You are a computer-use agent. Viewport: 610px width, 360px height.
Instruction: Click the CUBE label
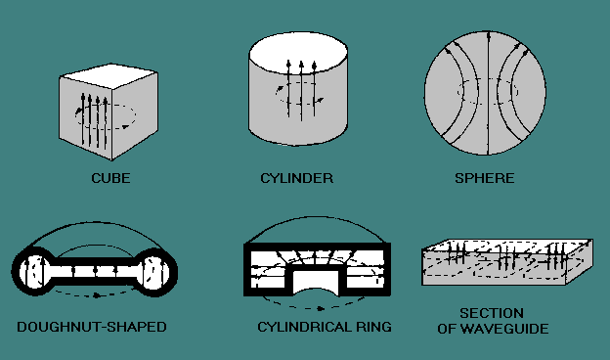pos(110,178)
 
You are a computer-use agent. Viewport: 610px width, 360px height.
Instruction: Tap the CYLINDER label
pos(297,178)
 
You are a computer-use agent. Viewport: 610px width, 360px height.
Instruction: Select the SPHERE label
pos(485,178)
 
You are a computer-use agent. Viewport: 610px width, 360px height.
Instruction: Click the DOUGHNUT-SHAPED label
pos(92,327)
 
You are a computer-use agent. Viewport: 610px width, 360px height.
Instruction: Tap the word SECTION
pos(492,313)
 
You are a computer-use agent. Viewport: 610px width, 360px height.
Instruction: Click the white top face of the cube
pos(109,75)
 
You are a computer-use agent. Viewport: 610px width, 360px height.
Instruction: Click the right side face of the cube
pos(135,114)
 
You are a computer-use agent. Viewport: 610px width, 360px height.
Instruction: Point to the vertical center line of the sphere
pos(488,93)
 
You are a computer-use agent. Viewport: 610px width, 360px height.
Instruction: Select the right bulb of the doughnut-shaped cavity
pos(156,270)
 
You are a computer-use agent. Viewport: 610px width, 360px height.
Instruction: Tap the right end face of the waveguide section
pos(579,261)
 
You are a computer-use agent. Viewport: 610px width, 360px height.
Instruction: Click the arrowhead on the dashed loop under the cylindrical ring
pos(321,308)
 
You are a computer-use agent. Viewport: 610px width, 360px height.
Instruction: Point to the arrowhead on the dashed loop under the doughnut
pos(97,295)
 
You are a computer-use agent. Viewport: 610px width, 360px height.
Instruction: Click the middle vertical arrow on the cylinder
pos(301,91)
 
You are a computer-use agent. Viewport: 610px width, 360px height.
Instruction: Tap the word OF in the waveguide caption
pos(446,329)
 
